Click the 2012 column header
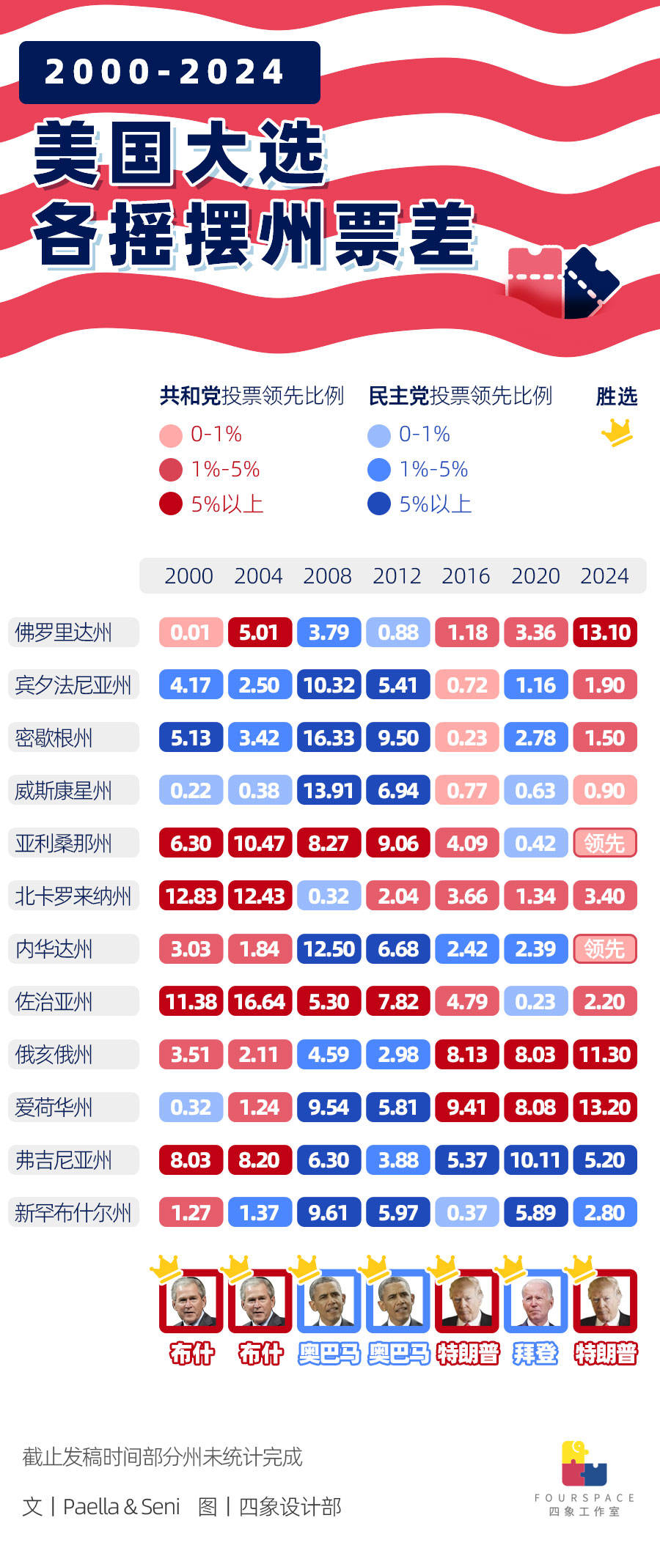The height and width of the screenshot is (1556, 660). pos(397,576)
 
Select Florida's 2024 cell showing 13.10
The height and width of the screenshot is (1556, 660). pos(605,633)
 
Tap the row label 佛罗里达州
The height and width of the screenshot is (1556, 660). pos(64,633)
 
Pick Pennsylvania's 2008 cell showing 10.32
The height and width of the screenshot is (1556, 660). pos(329,685)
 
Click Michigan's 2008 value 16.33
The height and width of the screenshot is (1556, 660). pos(329,738)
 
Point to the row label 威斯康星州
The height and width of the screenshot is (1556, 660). pos(64,791)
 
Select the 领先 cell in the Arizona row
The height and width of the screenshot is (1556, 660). pos(605,844)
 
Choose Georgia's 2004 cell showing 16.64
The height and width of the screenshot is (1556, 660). pos(260,1002)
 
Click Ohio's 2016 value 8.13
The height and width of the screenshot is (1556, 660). pos(467,1055)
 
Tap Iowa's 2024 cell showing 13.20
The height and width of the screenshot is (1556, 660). pos(605,1107)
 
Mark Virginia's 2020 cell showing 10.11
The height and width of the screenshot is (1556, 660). pos(535,1160)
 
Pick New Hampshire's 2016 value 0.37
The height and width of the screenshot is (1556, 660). pos(467,1213)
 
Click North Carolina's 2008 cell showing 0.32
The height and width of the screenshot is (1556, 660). pos(329,896)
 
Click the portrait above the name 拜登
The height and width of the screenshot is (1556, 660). pos(535,1301)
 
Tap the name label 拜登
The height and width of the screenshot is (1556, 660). pos(535,1354)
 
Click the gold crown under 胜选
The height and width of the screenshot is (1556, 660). pos(617,432)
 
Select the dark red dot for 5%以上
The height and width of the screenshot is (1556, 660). pos(171,504)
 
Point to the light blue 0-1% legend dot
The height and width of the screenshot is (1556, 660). pos(378,435)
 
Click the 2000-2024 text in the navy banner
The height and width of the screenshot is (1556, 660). pos(164,72)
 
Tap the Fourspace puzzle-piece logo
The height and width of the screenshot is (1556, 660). pos(584,1464)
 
